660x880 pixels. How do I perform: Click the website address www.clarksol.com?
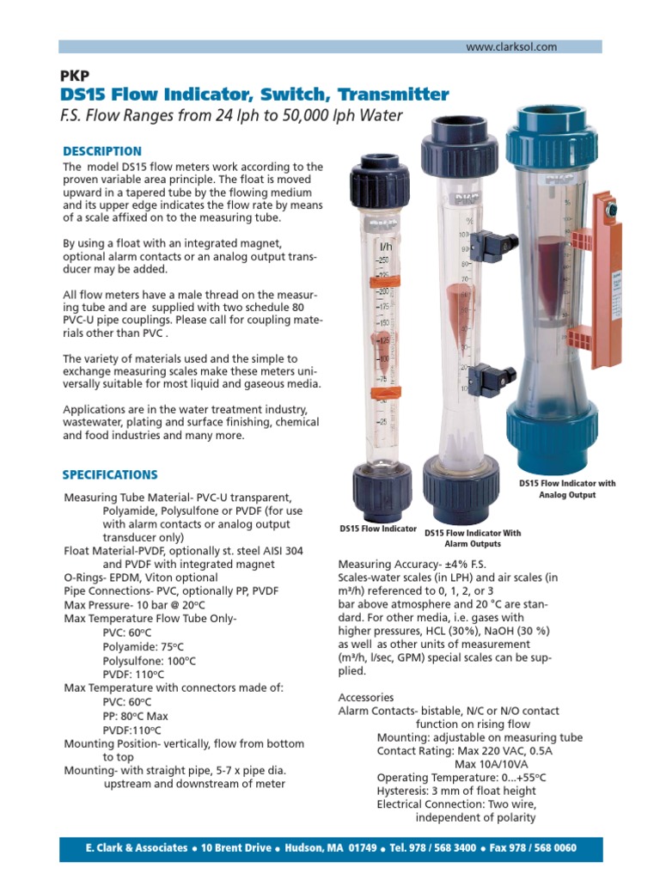(511, 47)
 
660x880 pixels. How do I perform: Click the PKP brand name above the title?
(74, 76)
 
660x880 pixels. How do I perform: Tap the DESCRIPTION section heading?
(101, 151)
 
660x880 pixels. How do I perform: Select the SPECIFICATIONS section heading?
(110, 474)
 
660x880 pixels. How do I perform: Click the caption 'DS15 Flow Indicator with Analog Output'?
(566, 489)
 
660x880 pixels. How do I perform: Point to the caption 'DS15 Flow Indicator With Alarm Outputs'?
(472, 538)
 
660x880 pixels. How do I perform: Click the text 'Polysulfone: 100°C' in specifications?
(149, 661)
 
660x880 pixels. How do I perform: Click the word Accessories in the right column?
(366, 697)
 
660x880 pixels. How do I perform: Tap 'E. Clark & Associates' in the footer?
(137, 848)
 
